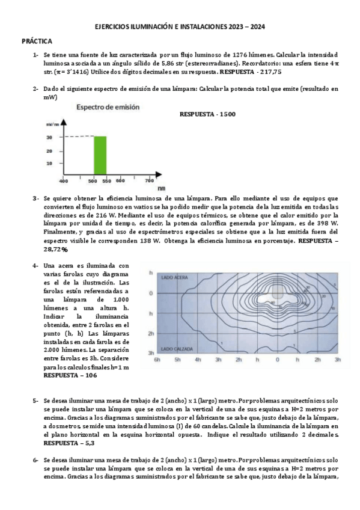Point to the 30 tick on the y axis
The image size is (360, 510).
coord(49,137)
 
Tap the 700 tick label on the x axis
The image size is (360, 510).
coord(149,180)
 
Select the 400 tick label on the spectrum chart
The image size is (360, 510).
coord(63,180)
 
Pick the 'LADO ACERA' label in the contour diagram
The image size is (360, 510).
coord(175,277)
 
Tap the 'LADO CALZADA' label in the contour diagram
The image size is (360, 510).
coord(177,348)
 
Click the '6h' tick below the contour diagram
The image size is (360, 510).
coord(157,360)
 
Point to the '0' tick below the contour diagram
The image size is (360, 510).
coord(277,360)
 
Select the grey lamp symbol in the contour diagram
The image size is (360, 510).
coord(277,291)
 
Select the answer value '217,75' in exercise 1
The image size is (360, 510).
coord(269,72)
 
